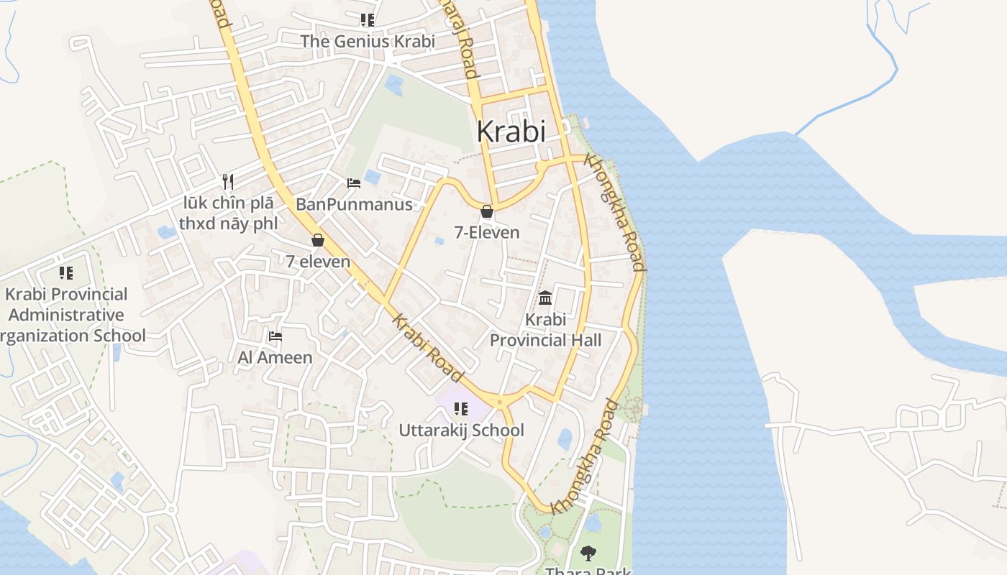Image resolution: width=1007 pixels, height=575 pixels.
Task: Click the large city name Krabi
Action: (511, 131)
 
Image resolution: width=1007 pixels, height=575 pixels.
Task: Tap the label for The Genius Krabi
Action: (368, 41)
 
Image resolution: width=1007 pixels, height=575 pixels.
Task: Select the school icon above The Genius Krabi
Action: (368, 19)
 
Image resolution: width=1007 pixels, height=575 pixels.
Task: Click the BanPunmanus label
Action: (354, 204)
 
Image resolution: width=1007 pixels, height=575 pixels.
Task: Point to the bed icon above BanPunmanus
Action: (353, 183)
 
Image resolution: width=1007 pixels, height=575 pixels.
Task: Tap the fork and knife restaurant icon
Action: (228, 181)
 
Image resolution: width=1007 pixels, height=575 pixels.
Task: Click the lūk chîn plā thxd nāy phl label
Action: (228, 213)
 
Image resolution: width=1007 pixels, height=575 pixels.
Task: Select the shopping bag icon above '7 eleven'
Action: (317, 240)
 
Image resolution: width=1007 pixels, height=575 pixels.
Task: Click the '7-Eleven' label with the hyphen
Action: (486, 232)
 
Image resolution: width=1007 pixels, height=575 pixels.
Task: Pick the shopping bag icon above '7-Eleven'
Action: (486, 211)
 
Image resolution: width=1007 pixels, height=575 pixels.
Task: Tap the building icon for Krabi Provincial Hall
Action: (545, 298)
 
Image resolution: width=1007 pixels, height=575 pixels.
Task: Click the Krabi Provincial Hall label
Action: (545, 329)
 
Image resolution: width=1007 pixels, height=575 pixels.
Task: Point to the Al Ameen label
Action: (275, 357)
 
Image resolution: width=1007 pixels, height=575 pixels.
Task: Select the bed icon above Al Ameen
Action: (275, 336)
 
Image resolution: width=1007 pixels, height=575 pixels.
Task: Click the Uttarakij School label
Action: (461, 431)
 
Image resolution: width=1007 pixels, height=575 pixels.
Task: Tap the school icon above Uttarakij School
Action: (461, 409)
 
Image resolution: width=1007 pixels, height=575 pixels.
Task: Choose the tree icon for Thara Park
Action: (588, 553)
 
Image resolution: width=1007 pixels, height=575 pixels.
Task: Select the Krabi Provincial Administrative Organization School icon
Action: (66, 272)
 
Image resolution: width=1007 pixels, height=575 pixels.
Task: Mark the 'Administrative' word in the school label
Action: (66, 315)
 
